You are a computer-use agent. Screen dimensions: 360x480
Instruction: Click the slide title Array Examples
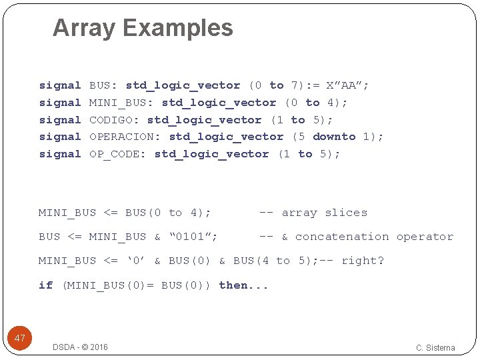coord(143,28)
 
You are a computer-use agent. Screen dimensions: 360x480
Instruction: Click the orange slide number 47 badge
coord(20,338)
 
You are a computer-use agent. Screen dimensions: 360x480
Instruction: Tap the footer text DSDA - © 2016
coord(80,347)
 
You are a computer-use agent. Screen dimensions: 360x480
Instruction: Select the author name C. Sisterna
coord(435,347)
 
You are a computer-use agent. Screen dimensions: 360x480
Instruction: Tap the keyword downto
coord(334,137)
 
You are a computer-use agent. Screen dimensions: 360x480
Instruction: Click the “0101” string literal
coord(193,237)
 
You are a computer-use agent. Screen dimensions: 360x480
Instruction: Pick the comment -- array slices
coord(313,213)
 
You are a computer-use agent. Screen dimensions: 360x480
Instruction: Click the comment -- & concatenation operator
coord(356,237)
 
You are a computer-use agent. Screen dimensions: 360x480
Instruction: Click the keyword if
coord(45,285)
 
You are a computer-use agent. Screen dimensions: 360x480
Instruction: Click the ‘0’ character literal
coord(136,261)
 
